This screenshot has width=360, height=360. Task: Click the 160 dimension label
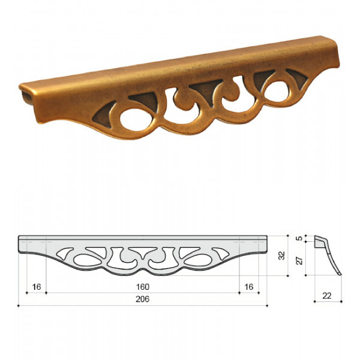click(x=143, y=287)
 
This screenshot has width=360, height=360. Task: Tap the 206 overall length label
click(x=143, y=299)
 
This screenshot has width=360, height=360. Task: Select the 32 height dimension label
click(x=281, y=256)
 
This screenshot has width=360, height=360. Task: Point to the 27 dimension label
click(x=299, y=260)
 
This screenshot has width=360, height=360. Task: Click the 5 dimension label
click(x=299, y=238)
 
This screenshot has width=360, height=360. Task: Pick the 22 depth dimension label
click(x=327, y=296)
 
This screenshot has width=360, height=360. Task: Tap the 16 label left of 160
click(x=37, y=287)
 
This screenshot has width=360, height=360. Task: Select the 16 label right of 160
click(x=249, y=287)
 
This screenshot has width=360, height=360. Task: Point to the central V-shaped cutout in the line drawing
click(x=143, y=252)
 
